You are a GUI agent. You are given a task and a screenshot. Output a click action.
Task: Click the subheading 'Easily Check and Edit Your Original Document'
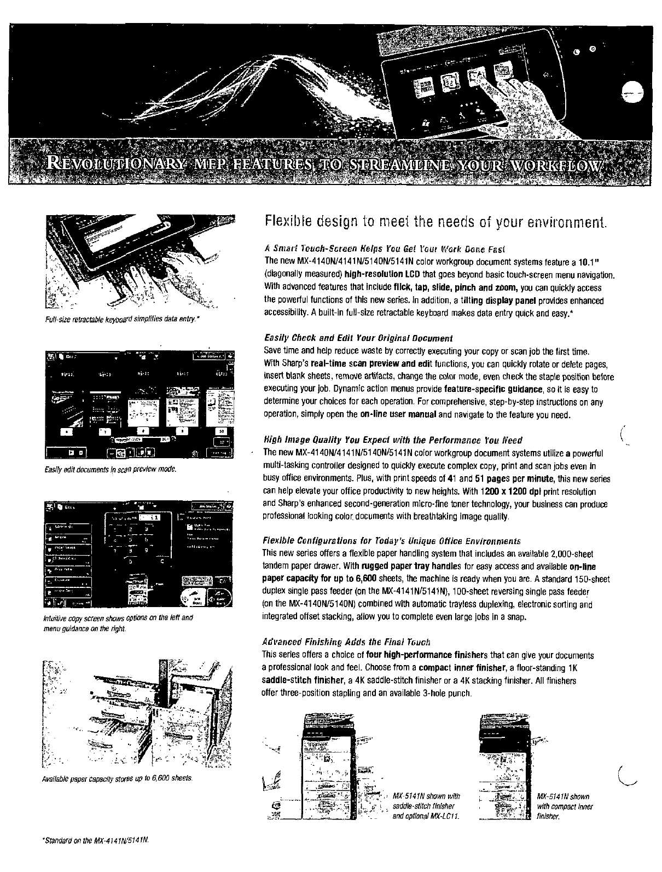pos(358,338)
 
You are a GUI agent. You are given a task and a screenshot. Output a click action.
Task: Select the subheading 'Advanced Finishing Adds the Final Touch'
pos(346,642)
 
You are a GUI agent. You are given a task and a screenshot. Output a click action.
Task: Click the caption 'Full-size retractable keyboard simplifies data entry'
pos(121,319)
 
